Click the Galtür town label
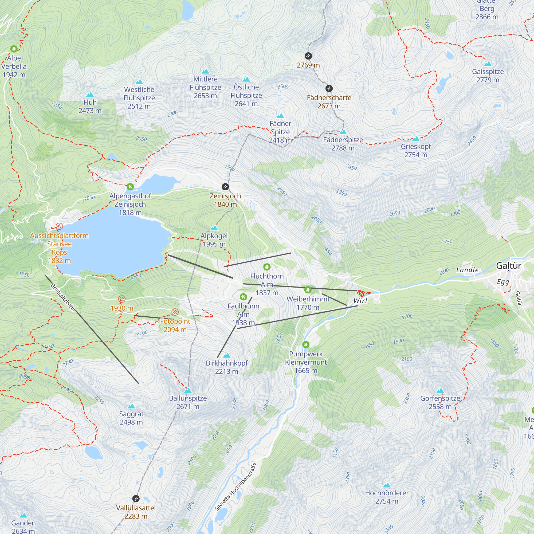[509, 266]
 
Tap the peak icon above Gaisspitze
[488, 64]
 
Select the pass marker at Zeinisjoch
[225, 187]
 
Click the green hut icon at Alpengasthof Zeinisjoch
[130, 187]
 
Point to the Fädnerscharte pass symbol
[329, 88]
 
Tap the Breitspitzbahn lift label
[63, 297]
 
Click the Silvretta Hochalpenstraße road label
[235, 486]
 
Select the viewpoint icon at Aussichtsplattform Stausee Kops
[59, 227]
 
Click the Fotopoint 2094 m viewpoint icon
[175, 312]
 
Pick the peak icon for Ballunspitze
[188, 390]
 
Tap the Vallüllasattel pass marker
[136, 498]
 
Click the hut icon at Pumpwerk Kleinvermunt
[306, 345]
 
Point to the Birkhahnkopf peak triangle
[227, 355]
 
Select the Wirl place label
[360, 301]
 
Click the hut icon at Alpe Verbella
[14, 49]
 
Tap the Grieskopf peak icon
[416, 139]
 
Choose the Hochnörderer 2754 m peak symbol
[387, 485]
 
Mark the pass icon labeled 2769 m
[308, 56]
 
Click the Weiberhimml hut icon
[308, 290]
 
